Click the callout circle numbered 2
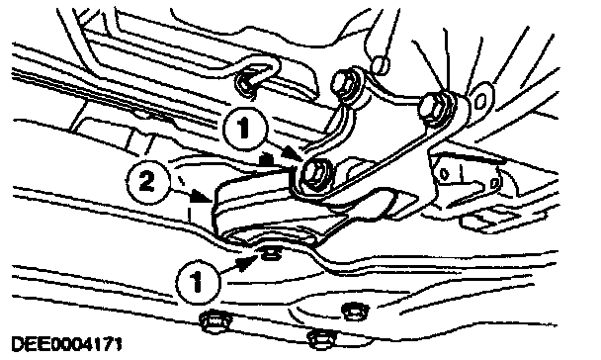[x=147, y=181]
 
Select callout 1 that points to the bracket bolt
[x=244, y=128]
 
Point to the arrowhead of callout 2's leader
[x=202, y=196]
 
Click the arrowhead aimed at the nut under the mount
[x=247, y=263]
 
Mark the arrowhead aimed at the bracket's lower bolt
[x=292, y=154]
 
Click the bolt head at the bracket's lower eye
[x=316, y=174]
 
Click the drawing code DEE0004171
[x=66, y=343]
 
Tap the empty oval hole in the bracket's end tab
[x=479, y=102]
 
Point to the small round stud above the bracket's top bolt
[x=382, y=65]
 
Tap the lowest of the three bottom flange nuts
[x=321, y=339]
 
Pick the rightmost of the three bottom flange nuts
[x=355, y=311]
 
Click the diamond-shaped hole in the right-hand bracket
[x=444, y=174]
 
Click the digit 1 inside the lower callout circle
[x=197, y=282]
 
